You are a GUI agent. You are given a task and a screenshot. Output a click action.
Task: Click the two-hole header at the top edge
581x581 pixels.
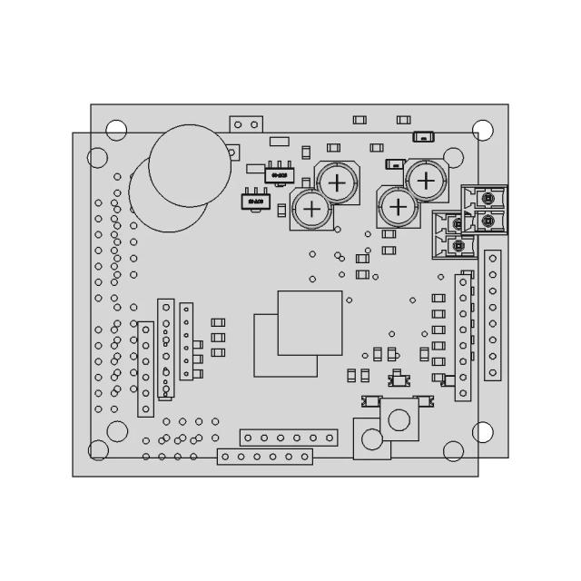[245, 123]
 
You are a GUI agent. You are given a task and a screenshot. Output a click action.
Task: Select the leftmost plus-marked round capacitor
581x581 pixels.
[311, 210]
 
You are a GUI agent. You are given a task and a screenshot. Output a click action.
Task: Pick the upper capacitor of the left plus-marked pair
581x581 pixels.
[336, 182]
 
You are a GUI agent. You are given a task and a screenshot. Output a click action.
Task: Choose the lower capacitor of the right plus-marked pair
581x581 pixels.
[398, 206]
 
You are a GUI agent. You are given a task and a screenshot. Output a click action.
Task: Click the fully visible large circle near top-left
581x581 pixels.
[185, 164]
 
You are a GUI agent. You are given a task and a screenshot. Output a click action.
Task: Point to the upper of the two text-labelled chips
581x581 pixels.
[277, 172]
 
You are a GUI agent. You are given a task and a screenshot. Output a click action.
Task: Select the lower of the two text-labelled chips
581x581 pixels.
[254, 201]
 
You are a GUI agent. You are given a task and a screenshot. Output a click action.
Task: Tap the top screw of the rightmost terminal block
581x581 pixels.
[490, 197]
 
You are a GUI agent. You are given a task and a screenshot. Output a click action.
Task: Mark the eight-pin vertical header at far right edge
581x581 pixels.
[493, 314]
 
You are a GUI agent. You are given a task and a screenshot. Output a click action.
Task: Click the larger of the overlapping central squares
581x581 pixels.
[310, 322]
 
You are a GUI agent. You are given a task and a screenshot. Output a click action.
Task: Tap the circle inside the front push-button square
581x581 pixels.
[399, 419]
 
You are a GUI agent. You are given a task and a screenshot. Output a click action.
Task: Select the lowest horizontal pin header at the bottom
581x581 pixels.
[264, 457]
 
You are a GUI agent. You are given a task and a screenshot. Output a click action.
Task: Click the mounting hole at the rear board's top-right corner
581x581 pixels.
[484, 129]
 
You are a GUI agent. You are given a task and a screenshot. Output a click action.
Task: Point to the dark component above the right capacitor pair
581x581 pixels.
[422, 137]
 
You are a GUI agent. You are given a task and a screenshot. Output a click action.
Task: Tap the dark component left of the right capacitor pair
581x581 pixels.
[394, 164]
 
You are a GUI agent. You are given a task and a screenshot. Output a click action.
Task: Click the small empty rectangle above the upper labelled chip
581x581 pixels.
[280, 141]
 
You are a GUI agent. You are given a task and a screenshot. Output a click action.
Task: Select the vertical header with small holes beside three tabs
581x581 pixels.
[186, 341]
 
